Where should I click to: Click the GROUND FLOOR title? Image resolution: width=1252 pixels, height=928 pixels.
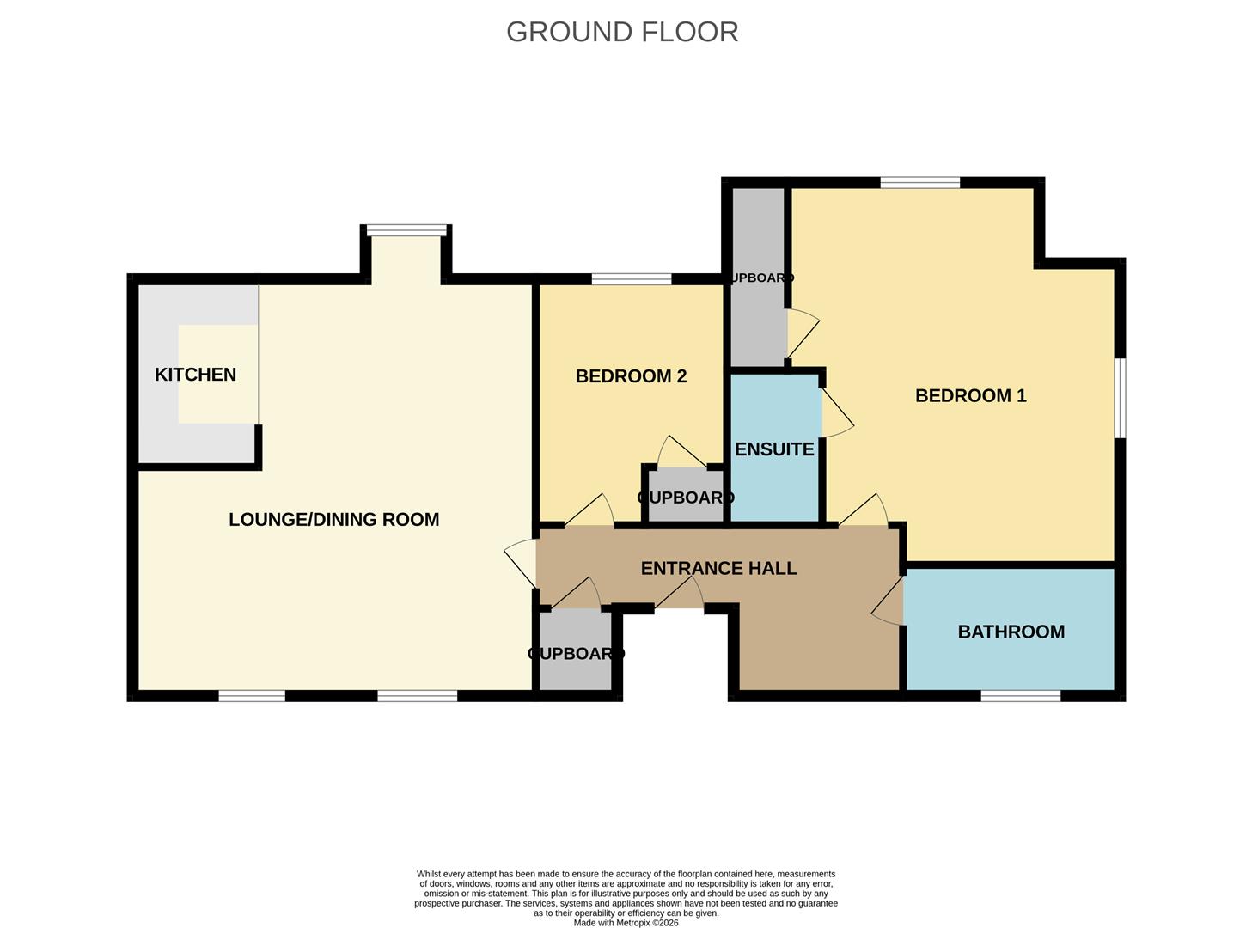[x=622, y=32]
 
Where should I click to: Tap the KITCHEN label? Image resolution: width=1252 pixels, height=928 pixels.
[x=195, y=375]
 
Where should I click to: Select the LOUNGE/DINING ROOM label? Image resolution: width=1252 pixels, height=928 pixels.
[x=333, y=519]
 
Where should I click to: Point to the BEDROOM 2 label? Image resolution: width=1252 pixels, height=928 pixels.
[x=631, y=376]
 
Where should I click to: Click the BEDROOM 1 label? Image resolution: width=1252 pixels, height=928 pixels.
[x=970, y=396]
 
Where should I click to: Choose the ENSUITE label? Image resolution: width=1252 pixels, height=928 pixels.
[x=773, y=449]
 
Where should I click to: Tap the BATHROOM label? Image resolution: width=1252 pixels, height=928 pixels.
[x=1011, y=632]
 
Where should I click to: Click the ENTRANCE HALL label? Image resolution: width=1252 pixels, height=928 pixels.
[x=718, y=569]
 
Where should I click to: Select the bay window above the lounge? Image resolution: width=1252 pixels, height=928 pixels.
[x=406, y=230]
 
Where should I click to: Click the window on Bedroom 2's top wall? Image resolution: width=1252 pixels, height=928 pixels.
[x=632, y=278]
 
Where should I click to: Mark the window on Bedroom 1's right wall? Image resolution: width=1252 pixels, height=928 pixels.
[x=1120, y=397]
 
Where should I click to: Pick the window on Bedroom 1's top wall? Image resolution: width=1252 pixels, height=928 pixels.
[x=919, y=182]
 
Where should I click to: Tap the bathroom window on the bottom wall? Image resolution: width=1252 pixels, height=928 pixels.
[x=1020, y=695]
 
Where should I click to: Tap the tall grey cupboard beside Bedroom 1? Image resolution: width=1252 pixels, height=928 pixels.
[x=757, y=277]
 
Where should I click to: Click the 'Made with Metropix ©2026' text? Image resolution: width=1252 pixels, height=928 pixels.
[x=626, y=923]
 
